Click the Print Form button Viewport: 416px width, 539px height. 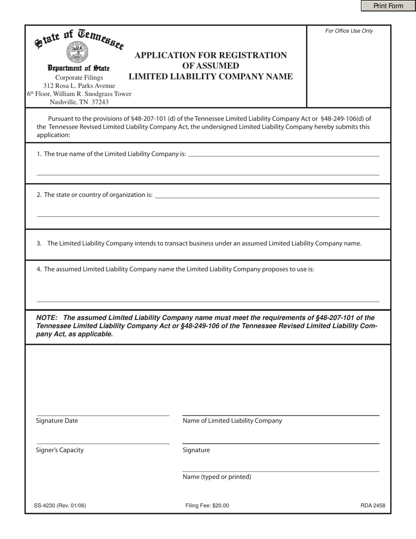click(388, 6)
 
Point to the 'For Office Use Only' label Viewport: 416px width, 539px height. click(349, 31)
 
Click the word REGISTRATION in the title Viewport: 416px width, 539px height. click(248, 55)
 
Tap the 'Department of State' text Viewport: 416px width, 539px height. click(79, 68)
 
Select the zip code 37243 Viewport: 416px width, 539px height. click(100, 102)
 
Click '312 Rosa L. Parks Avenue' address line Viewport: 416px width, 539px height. click(79, 85)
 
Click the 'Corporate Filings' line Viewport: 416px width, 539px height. click(79, 78)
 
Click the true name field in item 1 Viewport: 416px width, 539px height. click(283, 153)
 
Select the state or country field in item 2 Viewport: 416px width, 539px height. click(267, 195)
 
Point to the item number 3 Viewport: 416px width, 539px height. click(39, 244)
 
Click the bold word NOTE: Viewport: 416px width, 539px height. click(48, 318)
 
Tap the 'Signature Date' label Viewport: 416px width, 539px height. click(57, 421)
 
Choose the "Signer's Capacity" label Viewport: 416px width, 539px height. click(60, 450)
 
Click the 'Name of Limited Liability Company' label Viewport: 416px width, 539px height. click(232, 421)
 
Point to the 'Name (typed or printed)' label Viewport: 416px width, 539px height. click(217, 477)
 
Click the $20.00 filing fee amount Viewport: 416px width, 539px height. click(221, 506)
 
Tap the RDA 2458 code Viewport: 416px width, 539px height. click(373, 506)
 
